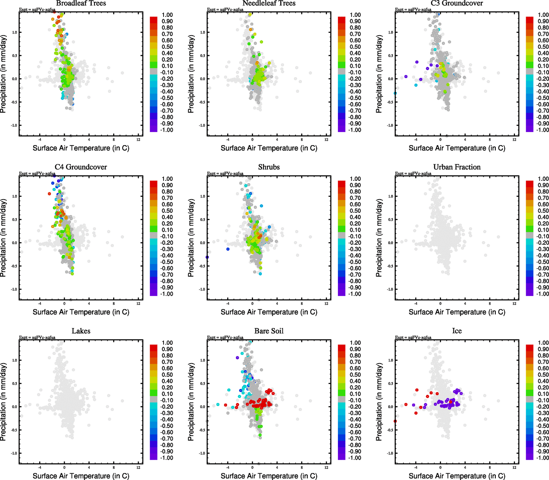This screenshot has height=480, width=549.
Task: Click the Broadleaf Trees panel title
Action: click(x=81, y=3)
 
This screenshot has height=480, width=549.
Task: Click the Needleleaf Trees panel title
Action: click(x=269, y=3)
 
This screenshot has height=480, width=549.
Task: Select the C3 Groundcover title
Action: click(x=457, y=3)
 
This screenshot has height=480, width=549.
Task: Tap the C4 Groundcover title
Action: click(x=81, y=167)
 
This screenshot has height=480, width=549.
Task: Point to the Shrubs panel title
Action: click(x=269, y=167)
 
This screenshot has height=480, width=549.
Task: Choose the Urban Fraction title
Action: click(x=457, y=167)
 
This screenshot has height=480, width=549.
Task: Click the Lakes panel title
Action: click(x=81, y=331)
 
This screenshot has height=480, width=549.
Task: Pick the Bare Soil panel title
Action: click(x=269, y=331)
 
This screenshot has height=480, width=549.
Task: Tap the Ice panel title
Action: click(x=457, y=331)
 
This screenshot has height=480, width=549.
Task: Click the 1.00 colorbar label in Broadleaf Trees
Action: click(x=167, y=15)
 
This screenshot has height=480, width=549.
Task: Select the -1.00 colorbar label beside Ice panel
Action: click(x=543, y=458)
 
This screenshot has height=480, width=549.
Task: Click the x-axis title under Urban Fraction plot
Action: click(x=457, y=312)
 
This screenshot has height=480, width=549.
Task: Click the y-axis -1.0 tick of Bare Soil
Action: click(x=202, y=453)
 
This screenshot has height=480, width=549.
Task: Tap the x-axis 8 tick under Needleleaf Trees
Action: click(x=301, y=140)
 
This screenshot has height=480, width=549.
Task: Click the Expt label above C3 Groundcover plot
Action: click(x=413, y=10)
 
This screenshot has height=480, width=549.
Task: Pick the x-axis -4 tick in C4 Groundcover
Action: click(x=40, y=304)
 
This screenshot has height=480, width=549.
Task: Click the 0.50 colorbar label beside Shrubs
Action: click(x=355, y=211)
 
